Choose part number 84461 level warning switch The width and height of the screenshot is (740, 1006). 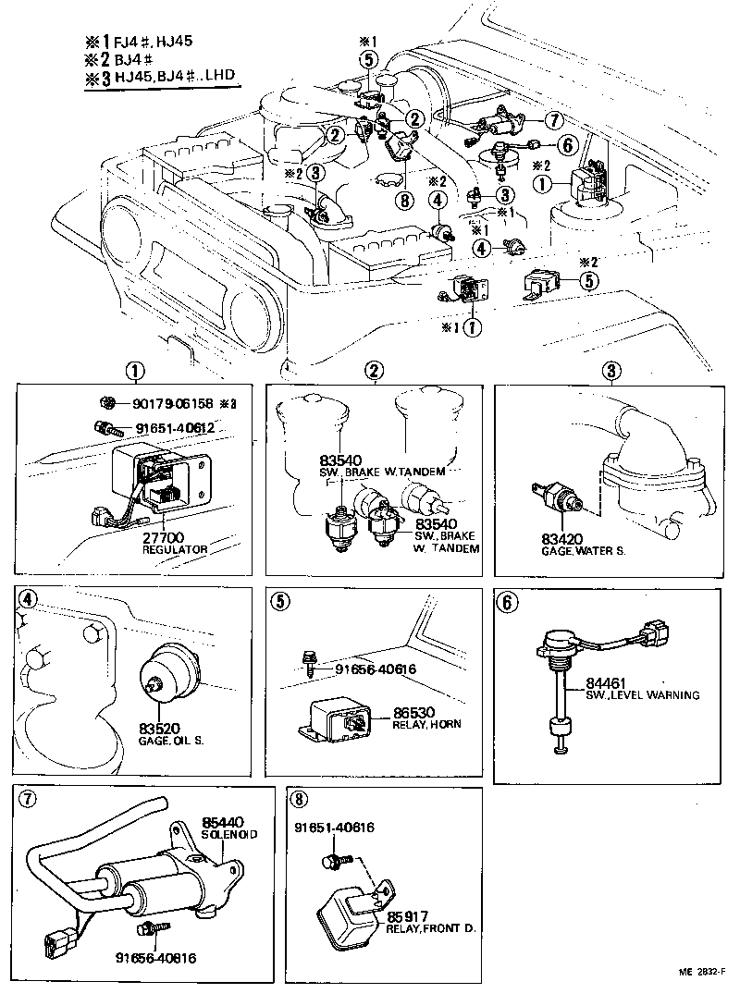604,683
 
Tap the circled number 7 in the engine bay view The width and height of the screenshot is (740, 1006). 553,120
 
